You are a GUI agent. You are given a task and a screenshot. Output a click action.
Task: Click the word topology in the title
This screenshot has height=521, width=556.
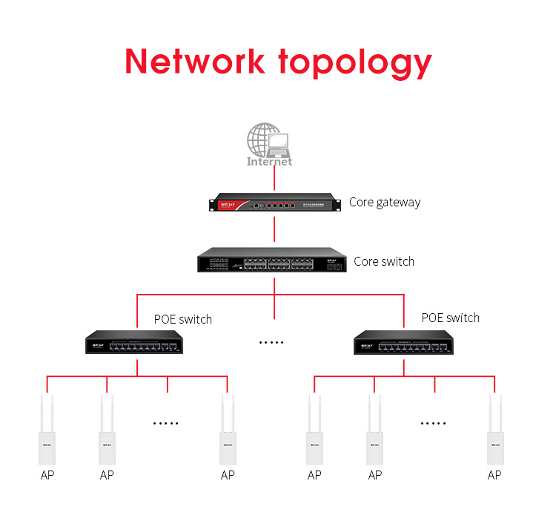[355, 63]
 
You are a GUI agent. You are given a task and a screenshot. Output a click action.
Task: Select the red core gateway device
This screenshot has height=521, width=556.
[274, 202]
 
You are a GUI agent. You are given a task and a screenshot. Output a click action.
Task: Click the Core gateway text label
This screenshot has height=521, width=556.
[385, 202]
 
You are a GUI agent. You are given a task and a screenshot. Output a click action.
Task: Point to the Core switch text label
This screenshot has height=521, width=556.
[384, 261]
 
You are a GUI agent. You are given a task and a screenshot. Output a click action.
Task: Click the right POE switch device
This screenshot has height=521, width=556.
[404, 342]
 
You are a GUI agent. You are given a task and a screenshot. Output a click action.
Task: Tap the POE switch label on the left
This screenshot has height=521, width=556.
[182, 319]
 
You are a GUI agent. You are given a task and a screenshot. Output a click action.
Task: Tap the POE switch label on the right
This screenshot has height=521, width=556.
[450, 318]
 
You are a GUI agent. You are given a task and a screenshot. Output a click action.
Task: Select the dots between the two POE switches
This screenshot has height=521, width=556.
[271, 342]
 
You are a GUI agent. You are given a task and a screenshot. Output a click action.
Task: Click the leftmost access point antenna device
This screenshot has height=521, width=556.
[47, 430]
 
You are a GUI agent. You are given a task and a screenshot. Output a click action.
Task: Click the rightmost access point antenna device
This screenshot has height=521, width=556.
[494, 430]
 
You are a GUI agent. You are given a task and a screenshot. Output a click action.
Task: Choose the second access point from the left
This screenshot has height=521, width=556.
[107, 430]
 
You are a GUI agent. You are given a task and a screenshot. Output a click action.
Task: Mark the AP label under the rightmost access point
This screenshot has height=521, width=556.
[494, 475]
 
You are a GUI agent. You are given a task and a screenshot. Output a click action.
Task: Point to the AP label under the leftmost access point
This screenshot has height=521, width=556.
[47, 475]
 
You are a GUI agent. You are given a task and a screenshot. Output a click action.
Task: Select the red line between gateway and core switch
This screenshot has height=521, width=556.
[274, 229]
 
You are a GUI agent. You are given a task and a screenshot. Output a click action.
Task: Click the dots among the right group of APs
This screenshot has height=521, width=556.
[434, 423]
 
